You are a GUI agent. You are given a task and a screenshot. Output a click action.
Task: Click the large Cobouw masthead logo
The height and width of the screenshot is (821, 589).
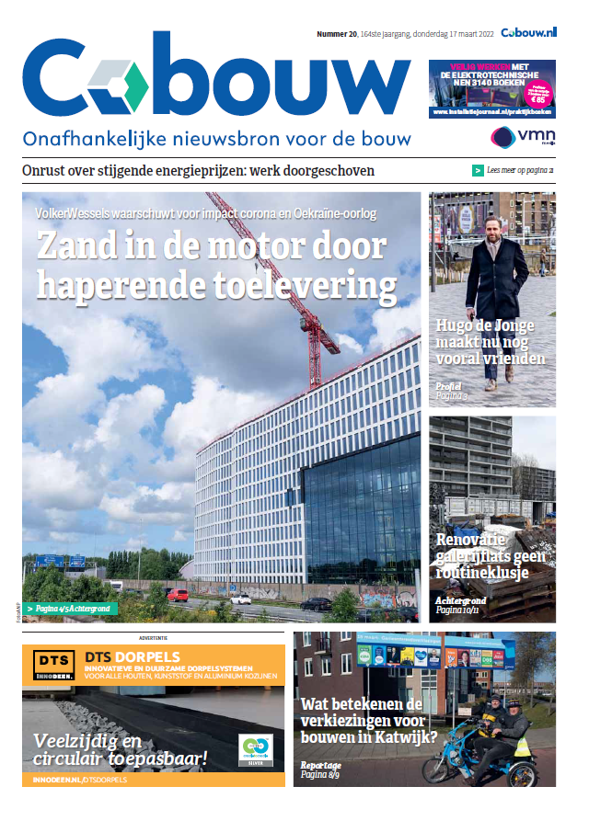pos(216,80)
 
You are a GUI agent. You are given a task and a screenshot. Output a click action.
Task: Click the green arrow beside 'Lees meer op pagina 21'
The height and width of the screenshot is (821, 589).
pos(478,170)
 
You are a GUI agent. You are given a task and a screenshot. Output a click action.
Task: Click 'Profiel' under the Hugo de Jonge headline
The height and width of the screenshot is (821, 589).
pos(449,386)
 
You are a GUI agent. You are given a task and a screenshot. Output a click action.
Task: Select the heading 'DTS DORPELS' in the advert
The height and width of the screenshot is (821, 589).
pos(128,656)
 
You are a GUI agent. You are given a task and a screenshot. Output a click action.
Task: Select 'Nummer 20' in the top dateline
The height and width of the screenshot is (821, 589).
pos(337,33)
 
